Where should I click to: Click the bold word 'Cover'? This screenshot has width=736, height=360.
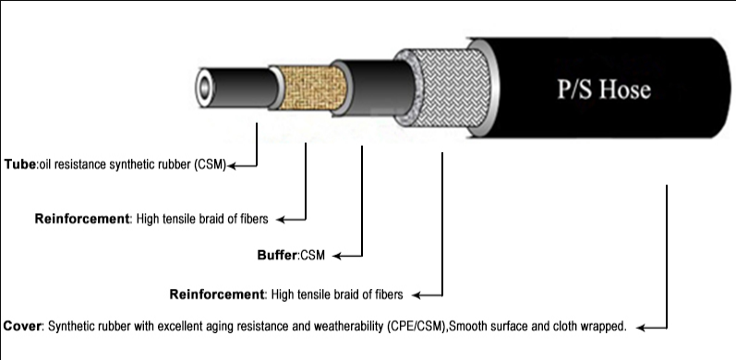pyautogui.click(x=22, y=327)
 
